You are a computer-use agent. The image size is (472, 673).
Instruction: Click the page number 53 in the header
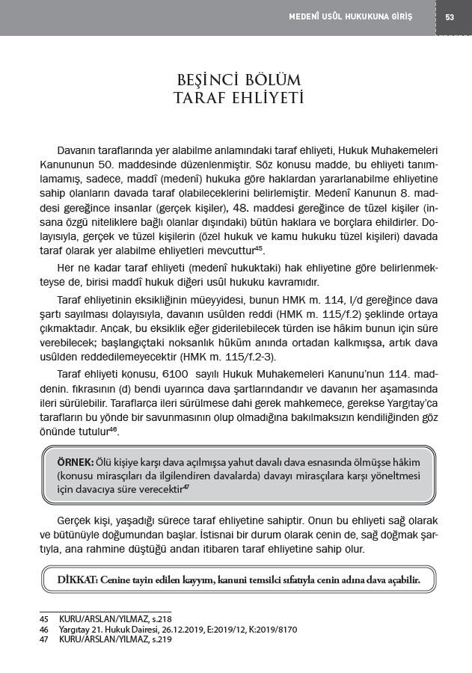[x=450, y=17]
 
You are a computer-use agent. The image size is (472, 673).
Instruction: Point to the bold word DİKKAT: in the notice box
[x=76, y=580]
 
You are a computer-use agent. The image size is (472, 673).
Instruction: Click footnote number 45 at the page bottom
[x=44, y=618]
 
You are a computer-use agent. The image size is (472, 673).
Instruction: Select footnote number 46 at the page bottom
[x=44, y=630]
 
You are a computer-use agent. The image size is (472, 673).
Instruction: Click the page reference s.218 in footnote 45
[x=162, y=618]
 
